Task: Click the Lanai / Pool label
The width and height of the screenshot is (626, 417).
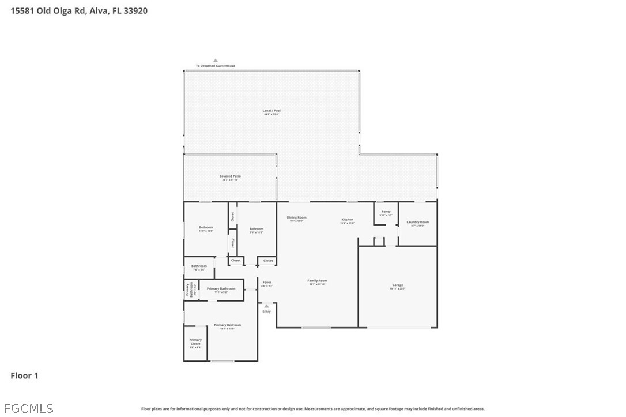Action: (271, 111)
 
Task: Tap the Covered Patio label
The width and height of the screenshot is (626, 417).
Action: (230, 176)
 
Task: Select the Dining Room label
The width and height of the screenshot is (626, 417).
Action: (297, 218)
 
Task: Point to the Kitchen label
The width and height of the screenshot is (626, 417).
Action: (347, 220)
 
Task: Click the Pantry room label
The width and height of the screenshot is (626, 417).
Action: (386, 212)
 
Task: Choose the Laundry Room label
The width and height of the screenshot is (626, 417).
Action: (417, 223)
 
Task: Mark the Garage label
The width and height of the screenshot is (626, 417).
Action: (398, 285)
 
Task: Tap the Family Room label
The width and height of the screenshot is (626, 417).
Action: (317, 281)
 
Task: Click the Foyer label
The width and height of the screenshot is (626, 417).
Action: (266, 283)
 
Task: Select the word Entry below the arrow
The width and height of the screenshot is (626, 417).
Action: (266, 311)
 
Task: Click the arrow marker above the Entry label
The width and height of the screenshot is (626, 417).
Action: (266, 306)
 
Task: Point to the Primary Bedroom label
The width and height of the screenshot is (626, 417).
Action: (227, 325)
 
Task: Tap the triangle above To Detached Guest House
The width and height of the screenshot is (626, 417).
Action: (216, 60)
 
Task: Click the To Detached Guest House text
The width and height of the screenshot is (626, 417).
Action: (216, 66)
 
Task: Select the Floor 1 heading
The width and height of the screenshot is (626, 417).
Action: (24, 376)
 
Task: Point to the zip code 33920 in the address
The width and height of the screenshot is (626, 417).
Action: (135, 10)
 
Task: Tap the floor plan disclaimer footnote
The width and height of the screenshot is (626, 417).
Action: (313, 409)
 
